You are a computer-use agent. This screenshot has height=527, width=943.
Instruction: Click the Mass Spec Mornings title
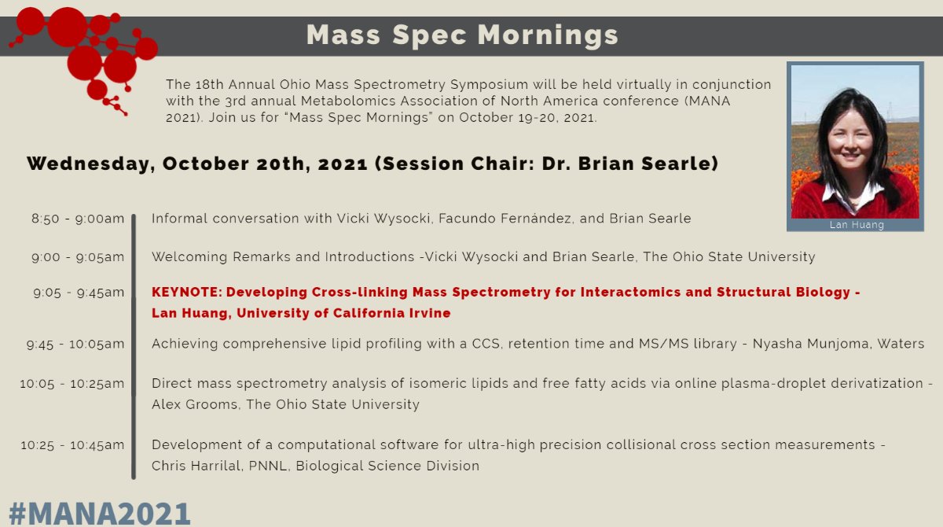point(462,35)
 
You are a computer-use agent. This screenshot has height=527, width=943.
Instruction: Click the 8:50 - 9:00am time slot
point(78,218)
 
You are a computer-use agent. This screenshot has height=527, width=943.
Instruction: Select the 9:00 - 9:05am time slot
point(78,256)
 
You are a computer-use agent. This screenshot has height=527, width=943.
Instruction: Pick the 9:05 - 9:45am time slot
point(78,293)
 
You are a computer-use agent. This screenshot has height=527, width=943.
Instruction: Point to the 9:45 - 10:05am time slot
point(75,343)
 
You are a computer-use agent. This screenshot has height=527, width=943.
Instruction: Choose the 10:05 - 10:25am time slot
point(72,383)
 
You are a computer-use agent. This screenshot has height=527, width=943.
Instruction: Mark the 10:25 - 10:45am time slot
point(72,444)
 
